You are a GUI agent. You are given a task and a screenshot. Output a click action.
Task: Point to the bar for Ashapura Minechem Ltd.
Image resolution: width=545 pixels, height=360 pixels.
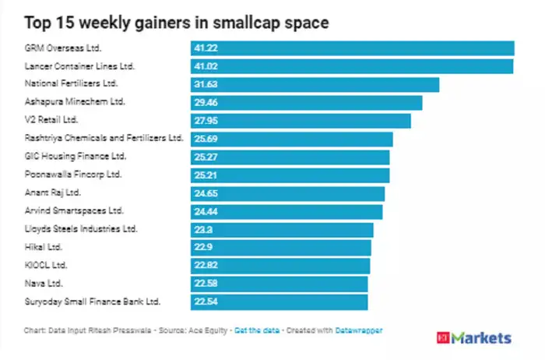(x=306, y=103)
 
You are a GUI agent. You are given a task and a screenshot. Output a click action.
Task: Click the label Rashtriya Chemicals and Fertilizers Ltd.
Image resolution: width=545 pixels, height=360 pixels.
(x=104, y=139)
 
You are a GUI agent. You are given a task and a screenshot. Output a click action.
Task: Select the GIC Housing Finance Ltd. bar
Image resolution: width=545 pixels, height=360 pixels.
(x=290, y=157)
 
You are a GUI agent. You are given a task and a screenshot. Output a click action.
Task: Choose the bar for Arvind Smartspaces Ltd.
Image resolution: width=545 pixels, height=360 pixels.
(x=287, y=211)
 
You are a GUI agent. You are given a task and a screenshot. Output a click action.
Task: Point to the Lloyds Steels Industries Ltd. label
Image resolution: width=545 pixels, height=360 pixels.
(x=81, y=229)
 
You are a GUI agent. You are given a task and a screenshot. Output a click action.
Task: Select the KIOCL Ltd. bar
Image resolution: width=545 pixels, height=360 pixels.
(x=280, y=266)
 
